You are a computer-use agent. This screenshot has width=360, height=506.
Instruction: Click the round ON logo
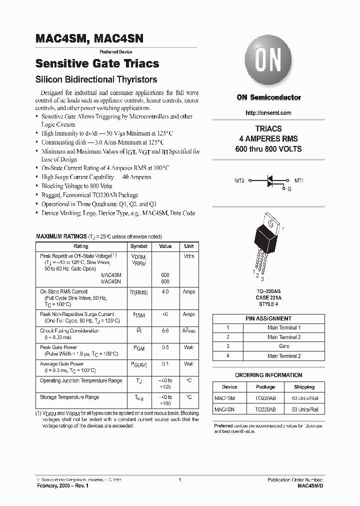click(268, 63)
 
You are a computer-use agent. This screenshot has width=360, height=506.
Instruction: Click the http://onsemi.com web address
click(268, 113)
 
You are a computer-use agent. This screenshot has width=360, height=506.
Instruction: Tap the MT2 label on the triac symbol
click(239, 180)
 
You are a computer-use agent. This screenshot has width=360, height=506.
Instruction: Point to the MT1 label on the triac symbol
click(299, 180)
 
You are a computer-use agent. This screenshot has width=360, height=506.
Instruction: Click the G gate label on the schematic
click(289, 189)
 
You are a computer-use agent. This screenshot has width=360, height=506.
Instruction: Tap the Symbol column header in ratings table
click(138, 246)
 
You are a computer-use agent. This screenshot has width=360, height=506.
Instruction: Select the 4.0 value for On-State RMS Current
click(165, 291)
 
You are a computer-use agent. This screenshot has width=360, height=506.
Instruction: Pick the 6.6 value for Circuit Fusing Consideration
click(165, 331)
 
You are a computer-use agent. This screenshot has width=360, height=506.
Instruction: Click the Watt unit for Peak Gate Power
click(188, 347)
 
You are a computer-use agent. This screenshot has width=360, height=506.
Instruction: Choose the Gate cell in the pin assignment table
click(284, 346)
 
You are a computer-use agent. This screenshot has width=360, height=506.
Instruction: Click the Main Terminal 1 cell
click(284, 327)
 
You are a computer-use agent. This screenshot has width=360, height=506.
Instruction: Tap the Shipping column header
click(304, 386)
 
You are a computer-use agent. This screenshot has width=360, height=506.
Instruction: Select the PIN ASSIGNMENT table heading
click(268, 318)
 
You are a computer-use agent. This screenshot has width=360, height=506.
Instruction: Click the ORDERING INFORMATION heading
click(268, 375)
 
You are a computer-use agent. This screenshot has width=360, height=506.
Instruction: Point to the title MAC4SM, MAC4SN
click(89, 38)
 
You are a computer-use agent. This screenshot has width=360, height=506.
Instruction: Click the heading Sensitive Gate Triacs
click(97, 63)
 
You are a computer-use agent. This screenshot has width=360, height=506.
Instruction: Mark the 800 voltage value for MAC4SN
click(165, 281)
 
